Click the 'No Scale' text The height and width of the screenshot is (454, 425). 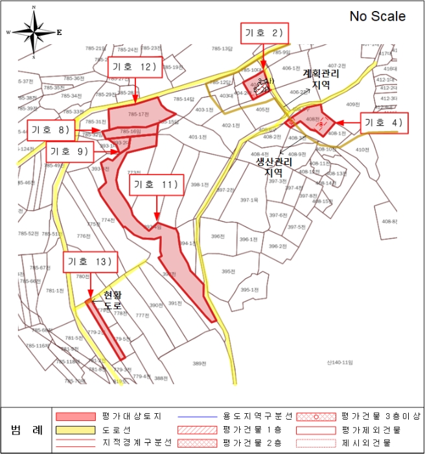click(x=378, y=17)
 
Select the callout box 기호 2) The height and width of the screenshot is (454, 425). click(x=264, y=34)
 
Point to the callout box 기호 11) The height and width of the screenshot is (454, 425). click(x=155, y=185)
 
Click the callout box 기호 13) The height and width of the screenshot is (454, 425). click(x=90, y=263)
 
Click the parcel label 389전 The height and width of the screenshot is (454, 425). click(x=198, y=364)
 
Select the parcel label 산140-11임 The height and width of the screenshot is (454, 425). click(x=339, y=362)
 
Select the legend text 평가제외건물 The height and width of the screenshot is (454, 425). click(x=366, y=429)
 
